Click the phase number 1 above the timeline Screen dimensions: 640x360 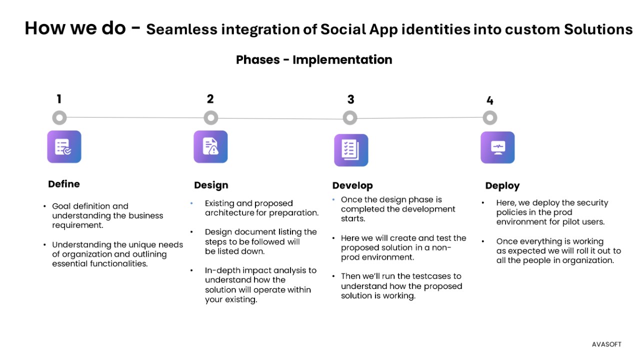tap(59, 99)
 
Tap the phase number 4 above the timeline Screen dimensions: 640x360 tap(489, 100)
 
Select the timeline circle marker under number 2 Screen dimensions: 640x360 tap(211, 117)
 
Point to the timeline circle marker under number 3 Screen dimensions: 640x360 tap(350, 117)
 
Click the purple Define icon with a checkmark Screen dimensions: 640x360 tap(64, 146)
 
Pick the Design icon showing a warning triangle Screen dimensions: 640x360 tap(210, 146)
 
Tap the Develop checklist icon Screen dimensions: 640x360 tap(351, 150)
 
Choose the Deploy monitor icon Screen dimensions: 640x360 tap(497, 147)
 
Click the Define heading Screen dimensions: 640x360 tap(64, 184)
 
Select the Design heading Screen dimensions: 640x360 tap(211, 185)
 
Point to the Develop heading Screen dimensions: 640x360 tap(352, 185)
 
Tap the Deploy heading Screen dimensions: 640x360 tap(502, 186)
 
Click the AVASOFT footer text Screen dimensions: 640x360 tap(606, 344)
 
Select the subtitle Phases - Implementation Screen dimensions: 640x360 tap(314, 59)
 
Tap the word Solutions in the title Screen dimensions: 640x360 tap(598, 29)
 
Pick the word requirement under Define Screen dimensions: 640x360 tap(77, 225)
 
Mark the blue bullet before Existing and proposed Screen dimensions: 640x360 tap(191, 203)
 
